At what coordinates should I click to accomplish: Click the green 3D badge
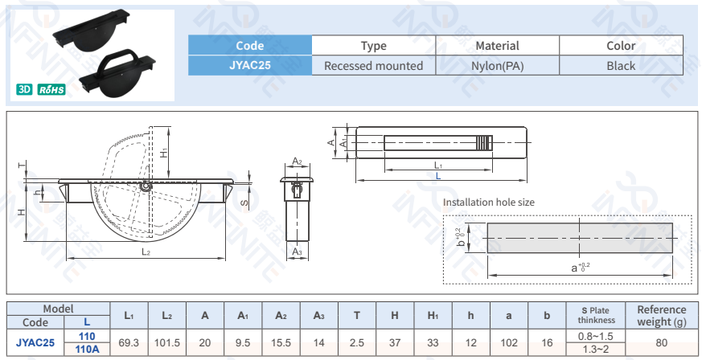23,89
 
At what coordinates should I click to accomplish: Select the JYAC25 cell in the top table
249,66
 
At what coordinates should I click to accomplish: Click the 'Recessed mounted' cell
373,66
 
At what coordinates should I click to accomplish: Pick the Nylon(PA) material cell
497,66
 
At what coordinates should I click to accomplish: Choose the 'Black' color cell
621,66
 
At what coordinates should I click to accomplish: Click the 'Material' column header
497,46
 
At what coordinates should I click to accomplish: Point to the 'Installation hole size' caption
488,202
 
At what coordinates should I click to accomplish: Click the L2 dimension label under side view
146,252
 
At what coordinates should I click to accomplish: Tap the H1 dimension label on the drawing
164,151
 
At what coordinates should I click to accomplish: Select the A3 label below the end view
297,252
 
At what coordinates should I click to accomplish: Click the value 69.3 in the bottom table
129,342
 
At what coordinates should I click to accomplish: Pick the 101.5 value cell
166,342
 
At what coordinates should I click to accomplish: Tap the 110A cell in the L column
87,350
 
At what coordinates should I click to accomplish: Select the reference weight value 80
661,342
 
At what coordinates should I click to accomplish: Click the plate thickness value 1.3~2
596,350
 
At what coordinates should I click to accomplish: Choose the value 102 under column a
508,342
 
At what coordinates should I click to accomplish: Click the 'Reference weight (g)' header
661,316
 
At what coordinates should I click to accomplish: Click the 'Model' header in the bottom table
59,309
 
